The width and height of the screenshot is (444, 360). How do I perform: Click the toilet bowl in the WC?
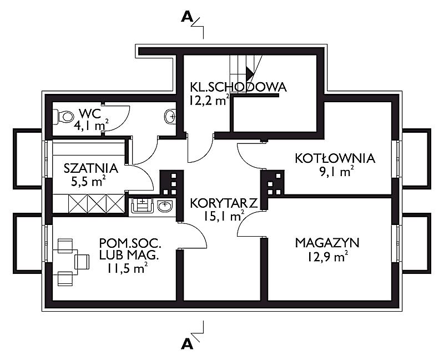coord(64,117)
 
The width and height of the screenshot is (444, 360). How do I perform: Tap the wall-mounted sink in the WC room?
coord(170,117)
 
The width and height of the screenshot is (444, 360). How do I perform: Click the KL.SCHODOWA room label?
coord(238,87)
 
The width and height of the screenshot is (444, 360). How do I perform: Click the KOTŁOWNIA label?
coord(335,158)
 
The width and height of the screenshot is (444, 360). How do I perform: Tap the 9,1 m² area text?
coord(336,171)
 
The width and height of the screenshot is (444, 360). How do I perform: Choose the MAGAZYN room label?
coord(327,243)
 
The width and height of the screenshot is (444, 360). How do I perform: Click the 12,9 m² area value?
coord(327,257)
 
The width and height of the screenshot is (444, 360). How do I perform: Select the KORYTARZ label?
coord(224,203)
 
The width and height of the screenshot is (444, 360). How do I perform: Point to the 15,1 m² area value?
coord(223,216)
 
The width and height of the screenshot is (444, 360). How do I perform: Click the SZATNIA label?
coord(90,168)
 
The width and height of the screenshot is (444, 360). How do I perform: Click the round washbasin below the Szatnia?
coord(165,206)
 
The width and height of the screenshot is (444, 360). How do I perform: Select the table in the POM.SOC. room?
coord(65,262)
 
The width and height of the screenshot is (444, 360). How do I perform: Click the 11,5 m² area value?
coord(127,268)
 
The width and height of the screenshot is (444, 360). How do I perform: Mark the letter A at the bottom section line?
coord(186,344)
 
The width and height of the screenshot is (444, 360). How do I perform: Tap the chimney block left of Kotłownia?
coord(273,183)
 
